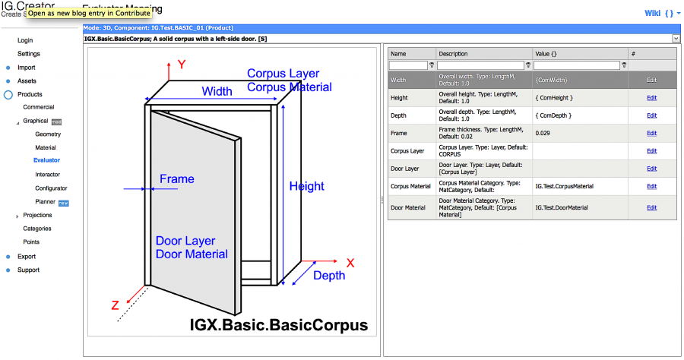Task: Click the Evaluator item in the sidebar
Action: [x=46, y=160]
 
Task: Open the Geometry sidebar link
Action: [x=47, y=134]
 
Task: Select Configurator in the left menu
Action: [x=51, y=188]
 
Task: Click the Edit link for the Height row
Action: [x=651, y=97]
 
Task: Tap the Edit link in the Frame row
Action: [x=651, y=133]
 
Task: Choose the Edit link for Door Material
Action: [x=651, y=207]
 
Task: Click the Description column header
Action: [x=452, y=54]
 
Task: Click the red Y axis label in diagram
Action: [x=182, y=65]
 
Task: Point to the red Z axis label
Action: [x=115, y=305]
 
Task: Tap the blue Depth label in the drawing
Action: [x=328, y=275]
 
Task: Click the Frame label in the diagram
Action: [x=176, y=179]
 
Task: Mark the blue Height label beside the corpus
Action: [x=306, y=186]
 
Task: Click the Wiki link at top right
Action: [x=652, y=13]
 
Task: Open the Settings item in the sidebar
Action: [x=29, y=54]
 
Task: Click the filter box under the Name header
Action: [x=408, y=65]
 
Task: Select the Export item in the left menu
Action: [x=27, y=257]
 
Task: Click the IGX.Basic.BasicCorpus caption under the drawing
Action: [x=278, y=325]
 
